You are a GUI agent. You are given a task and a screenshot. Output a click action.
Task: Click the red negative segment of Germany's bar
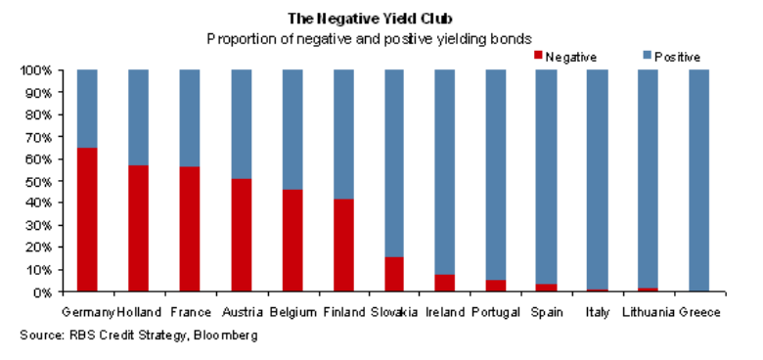(x=87, y=220)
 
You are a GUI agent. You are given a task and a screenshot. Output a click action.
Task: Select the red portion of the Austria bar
(x=241, y=236)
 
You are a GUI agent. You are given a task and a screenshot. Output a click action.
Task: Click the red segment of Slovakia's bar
(x=393, y=275)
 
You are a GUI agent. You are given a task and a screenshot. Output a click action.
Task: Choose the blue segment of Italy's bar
(x=598, y=180)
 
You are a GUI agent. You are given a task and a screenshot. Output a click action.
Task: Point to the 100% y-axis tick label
(x=32, y=71)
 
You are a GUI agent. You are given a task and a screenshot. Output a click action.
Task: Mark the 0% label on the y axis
(x=38, y=292)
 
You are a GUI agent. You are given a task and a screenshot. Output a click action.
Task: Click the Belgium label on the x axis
(x=292, y=312)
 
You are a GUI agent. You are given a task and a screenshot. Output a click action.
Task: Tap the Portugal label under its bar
(x=496, y=312)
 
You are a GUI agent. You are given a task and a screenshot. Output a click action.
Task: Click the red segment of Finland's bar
(x=342, y=246)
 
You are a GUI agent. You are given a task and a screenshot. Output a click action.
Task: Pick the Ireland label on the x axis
(x=444, y=312)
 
